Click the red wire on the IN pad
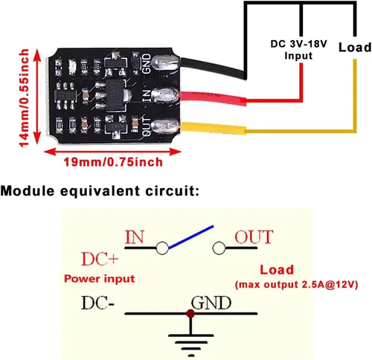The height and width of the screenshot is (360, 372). (216, 99)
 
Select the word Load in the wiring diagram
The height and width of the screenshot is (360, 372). (354, 47)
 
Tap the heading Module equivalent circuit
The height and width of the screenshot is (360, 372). (100, 191)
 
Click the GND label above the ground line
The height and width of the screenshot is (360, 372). (211, 303)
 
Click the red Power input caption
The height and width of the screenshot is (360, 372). (99, 280)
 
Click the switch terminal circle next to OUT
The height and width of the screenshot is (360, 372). (220, 248)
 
